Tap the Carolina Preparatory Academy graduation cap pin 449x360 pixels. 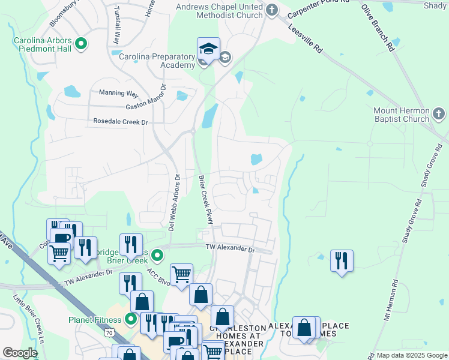click(208, 49)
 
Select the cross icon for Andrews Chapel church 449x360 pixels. click(272, 10)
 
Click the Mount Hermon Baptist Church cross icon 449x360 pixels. click(439, 113)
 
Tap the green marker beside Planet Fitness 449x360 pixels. click(130, 319)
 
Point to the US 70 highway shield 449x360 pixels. click(109, 332)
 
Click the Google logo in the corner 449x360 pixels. click(20, 353)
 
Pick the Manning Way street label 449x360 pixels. click(118, 93)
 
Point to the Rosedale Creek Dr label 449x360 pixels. click(120, 121)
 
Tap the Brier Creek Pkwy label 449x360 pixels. click(205, 200)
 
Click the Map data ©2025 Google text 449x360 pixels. click(411, 355)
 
